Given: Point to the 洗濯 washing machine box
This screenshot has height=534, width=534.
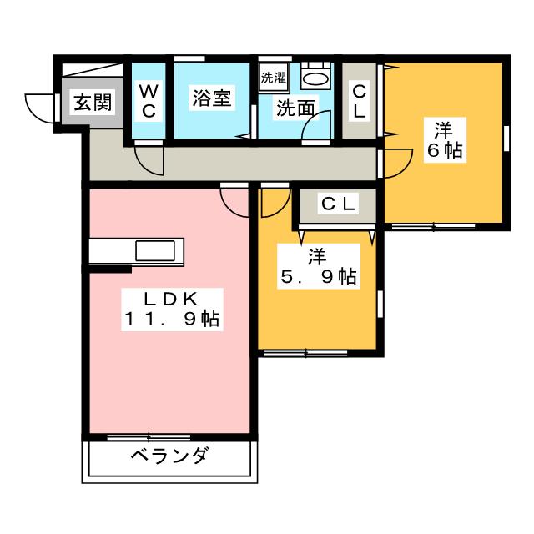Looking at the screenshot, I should click(274, 78).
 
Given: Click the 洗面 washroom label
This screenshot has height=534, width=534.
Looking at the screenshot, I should click(295, 108).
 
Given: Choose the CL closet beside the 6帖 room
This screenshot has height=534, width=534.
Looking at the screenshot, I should click(360, 99).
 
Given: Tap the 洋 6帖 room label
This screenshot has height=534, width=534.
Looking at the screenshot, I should click(443, 140).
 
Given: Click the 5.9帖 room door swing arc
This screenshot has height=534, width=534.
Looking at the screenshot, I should click(272, 200).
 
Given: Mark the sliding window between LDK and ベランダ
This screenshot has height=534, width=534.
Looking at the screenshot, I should click(149, 436).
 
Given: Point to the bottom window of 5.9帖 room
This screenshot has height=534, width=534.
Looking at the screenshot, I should click(305, 354).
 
